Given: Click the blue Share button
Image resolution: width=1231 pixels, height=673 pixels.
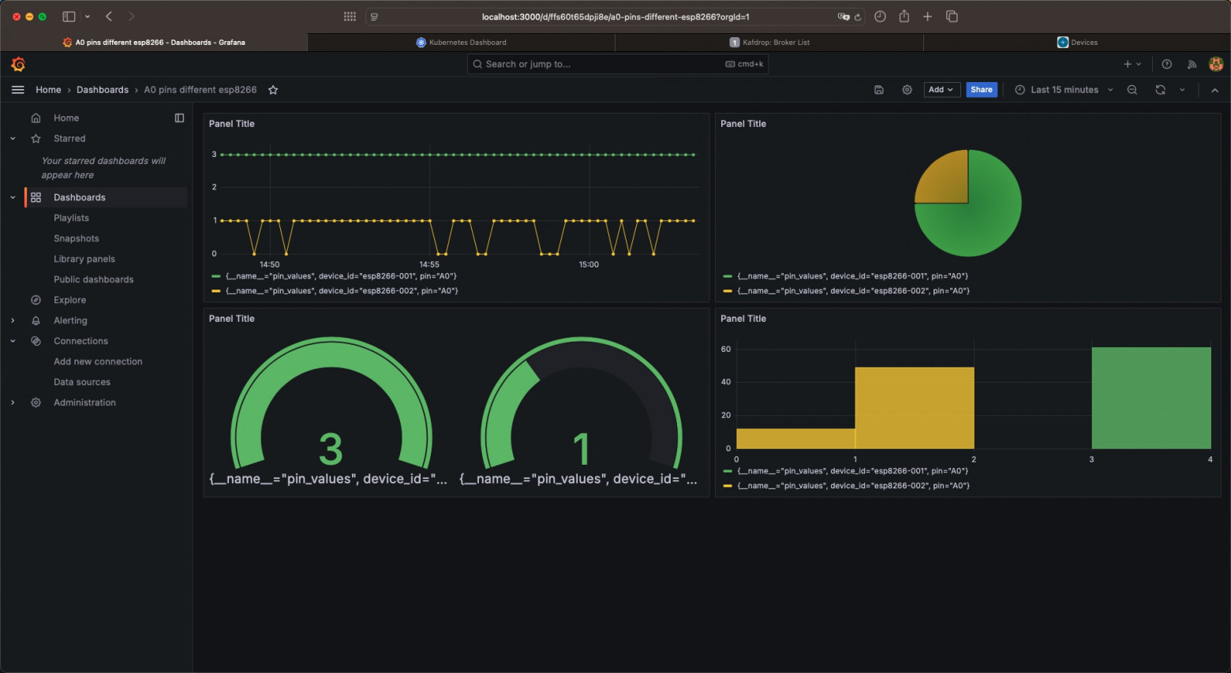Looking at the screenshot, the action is (x=981, y=90).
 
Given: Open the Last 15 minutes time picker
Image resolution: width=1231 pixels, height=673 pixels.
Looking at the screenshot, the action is (x=1064, y=90).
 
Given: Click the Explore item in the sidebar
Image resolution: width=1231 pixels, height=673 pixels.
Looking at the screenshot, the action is (x=69, y=300).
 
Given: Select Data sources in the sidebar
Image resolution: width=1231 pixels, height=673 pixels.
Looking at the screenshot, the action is (x=82, y=382).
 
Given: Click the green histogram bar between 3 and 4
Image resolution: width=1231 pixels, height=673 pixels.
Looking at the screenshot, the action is (x=1151, y=398).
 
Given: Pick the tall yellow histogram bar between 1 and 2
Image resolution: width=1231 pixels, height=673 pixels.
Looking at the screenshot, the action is (x=915, y=408).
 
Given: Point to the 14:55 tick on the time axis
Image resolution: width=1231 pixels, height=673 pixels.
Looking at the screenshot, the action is (x=429, y=264).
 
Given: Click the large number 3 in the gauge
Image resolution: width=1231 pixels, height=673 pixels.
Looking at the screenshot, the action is (x=331, y=448).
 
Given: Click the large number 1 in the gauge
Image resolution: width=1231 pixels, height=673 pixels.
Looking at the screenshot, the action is (x=582, y=448).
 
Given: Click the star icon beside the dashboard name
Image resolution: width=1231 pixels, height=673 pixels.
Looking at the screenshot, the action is (x=273, y=90).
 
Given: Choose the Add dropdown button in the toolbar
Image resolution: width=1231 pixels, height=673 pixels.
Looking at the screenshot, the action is (x=941, y=90).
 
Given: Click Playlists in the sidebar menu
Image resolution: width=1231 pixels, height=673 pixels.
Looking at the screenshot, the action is (x=71, y=218).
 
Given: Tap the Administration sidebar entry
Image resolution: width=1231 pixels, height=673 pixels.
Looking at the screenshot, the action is (x=84, y=402).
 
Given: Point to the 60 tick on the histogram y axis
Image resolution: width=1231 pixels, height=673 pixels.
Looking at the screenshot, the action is (x=725, y=349).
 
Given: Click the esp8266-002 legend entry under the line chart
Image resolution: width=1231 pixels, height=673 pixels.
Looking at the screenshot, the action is (x=341, y=290).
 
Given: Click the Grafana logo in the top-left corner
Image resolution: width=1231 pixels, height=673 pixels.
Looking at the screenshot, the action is (x=18, y=64).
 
